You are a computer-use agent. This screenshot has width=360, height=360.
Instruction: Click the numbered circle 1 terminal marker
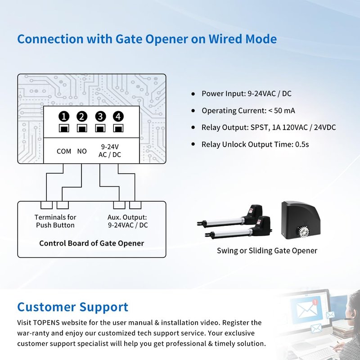[x=64, y=117]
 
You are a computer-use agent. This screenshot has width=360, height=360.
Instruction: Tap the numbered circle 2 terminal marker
[x=82, y=117]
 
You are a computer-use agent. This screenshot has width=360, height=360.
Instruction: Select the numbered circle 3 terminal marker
[x=100, y=117]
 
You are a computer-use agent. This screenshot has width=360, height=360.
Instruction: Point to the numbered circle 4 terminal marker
[x=118, y=117]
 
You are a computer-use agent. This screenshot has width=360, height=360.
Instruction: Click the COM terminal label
[x=64, y=151]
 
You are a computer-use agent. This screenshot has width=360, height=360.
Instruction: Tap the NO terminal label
[x=82, y=151]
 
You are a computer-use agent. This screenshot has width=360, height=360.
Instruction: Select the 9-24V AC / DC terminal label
[x=110, y=151]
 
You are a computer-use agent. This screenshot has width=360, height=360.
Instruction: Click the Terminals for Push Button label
[x=55, y=221]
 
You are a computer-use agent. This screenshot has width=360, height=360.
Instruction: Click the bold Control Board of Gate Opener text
[x=92, y=243]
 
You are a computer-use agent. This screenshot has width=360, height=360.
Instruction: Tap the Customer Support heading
[x=72, y=307]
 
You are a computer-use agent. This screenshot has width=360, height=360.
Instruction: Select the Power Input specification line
[x=246, y=94]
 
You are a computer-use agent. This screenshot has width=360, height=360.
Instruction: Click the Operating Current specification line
[x=248, y=111]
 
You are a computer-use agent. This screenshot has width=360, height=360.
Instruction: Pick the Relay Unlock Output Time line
[x=255, y=144]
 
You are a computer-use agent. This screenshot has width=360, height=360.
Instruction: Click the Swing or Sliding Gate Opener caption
[x=267, y=251]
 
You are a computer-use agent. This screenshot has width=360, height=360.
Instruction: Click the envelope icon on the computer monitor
[x=307, y=309]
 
